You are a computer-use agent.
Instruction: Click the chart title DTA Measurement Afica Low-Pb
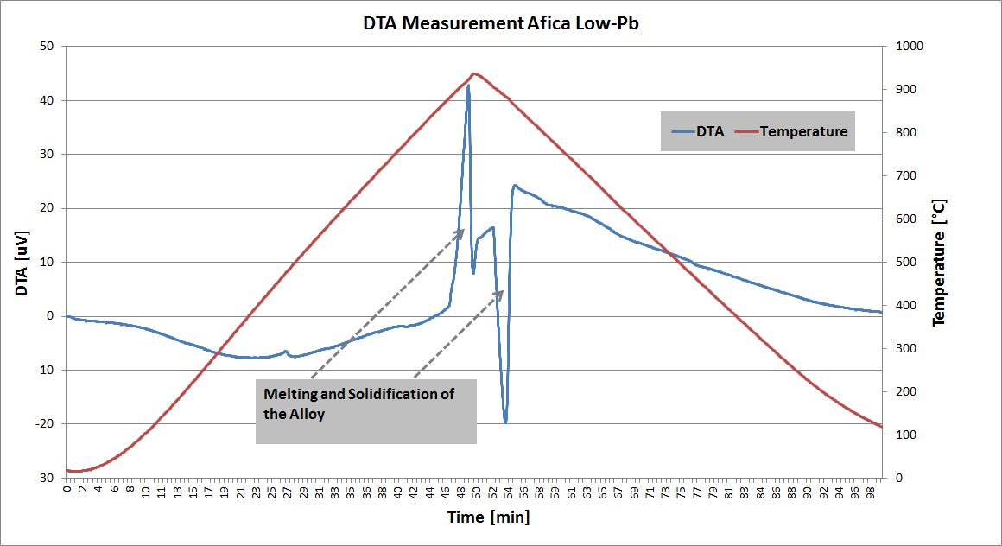[501, 23]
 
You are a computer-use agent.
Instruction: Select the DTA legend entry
[698, 131]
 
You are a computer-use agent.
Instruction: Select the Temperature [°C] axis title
[940, 262]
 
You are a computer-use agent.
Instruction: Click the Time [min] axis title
[488, 517]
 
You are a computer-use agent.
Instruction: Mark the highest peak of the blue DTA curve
[468, 86]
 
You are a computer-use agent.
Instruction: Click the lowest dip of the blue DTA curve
[505, 422]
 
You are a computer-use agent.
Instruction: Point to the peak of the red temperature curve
[475, 73]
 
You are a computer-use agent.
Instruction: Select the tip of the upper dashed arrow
[465, 229]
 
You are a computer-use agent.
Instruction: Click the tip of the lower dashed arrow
[504, 290]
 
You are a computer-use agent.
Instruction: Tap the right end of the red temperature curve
[881, 426]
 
